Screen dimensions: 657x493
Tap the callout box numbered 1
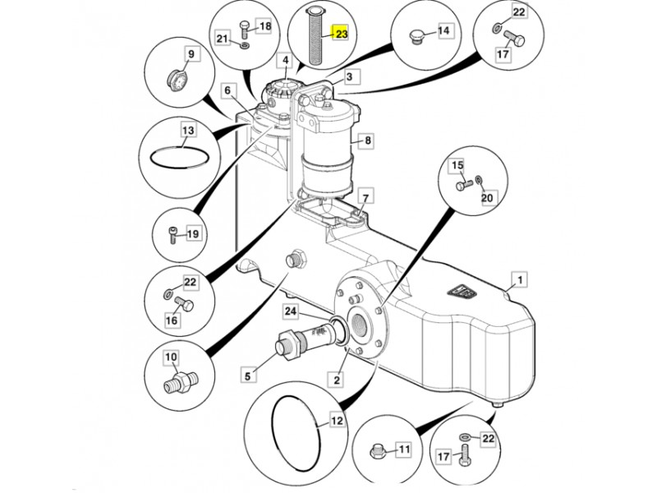pos(521,279)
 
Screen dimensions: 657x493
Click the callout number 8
pos(368,140)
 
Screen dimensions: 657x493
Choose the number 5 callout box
pos(248,376)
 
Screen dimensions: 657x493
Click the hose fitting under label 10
pos(180,383)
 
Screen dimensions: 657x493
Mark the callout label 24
pos(291,311)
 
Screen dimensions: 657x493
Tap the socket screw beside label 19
pos(172,235)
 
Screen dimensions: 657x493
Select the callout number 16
pos(172,320)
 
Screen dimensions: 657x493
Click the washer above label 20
pos(480,180)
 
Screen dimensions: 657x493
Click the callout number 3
pos(350,77)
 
